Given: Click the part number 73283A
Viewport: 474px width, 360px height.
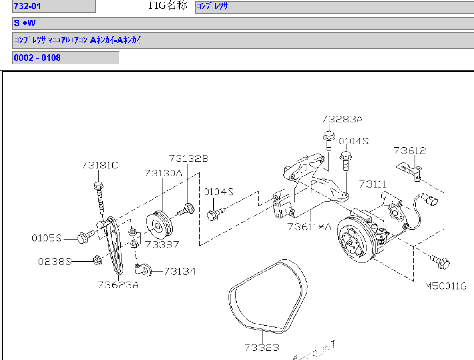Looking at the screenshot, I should coord(342,119).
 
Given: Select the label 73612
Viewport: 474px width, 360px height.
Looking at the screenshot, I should coord(410,151).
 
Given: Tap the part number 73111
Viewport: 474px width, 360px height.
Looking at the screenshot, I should coord(372,184).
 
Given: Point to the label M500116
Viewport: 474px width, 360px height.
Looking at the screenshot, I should coord(446,286).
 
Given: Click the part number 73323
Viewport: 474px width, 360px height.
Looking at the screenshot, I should coord(262,347).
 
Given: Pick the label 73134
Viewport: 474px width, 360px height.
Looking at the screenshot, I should coord(180,272).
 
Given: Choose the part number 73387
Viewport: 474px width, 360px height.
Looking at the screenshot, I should coord(162,244).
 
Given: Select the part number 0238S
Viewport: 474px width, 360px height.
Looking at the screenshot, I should coord(55,262).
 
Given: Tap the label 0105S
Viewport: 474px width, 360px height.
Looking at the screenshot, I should coord(47,238).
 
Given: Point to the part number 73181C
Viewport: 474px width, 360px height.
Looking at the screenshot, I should coord(100,165).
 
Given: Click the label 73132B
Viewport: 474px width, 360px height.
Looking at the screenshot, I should coord(188,158).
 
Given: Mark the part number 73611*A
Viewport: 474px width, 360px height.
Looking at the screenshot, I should coord(309,227).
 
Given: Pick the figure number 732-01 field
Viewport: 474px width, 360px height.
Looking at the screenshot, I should coord(54,6).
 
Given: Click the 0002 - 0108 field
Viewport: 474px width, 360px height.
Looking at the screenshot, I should coord(66,58).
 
